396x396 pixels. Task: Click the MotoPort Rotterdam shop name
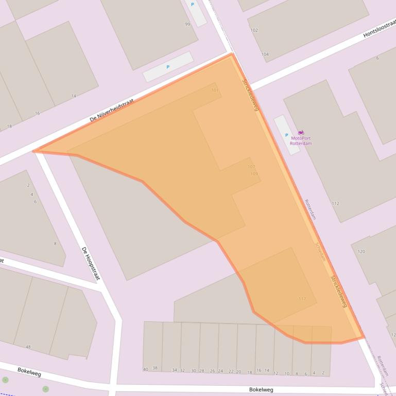pyautogui.click(x=301, y=140)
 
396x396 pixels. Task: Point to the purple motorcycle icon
pyautogui.click(x=301, y=133)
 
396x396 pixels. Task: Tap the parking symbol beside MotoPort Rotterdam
pyautogui.click(x=286, y=135)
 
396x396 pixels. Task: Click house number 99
pyautogui.click(x=187, y=24)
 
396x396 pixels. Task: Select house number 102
pyautogui.click(x=254, y=30)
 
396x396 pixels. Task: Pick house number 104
pyautogui.click(x=265, y=54)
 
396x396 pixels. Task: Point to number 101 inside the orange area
pyautogui.click(x=215, y=91)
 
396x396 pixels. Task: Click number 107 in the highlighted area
pyautogui.click(x=251, y=167)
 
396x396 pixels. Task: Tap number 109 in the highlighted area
pyautogui.click(x=254, y=174)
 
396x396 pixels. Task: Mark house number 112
pyautogui.click(x=335, y=204)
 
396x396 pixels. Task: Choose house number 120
pyautogui.click(x=361, y=251)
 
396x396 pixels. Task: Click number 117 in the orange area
pyautogui.click(x=302, y=299)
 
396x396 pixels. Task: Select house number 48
pyautogui.click(x=28, y=347)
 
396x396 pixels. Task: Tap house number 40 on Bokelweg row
pyautogui.click(x=146, y=369)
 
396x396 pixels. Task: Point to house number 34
pyautogui.click(x=175, y=370)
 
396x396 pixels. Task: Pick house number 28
pyautogui.click(x=201, y=371)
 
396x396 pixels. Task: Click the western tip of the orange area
pyautogui.click(x=34, y=151)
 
